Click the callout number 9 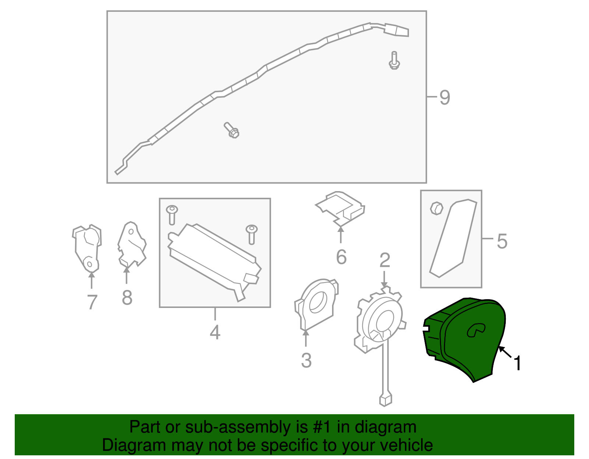coord(445,97)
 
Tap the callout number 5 coord(502,241)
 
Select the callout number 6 coord(341,257)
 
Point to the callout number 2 coord(385,260)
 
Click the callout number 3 coord(306,360)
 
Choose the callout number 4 coord(215,332)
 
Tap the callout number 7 coord(92,302)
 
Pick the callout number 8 coord(127,298)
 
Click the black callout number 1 coord(517,363)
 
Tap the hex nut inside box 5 coord(437,208)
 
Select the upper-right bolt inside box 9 coord(394,60)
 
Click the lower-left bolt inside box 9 coord(232,130)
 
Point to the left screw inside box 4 coord(172,215)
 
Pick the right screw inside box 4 coord(251,234)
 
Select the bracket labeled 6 coord(340,209)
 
